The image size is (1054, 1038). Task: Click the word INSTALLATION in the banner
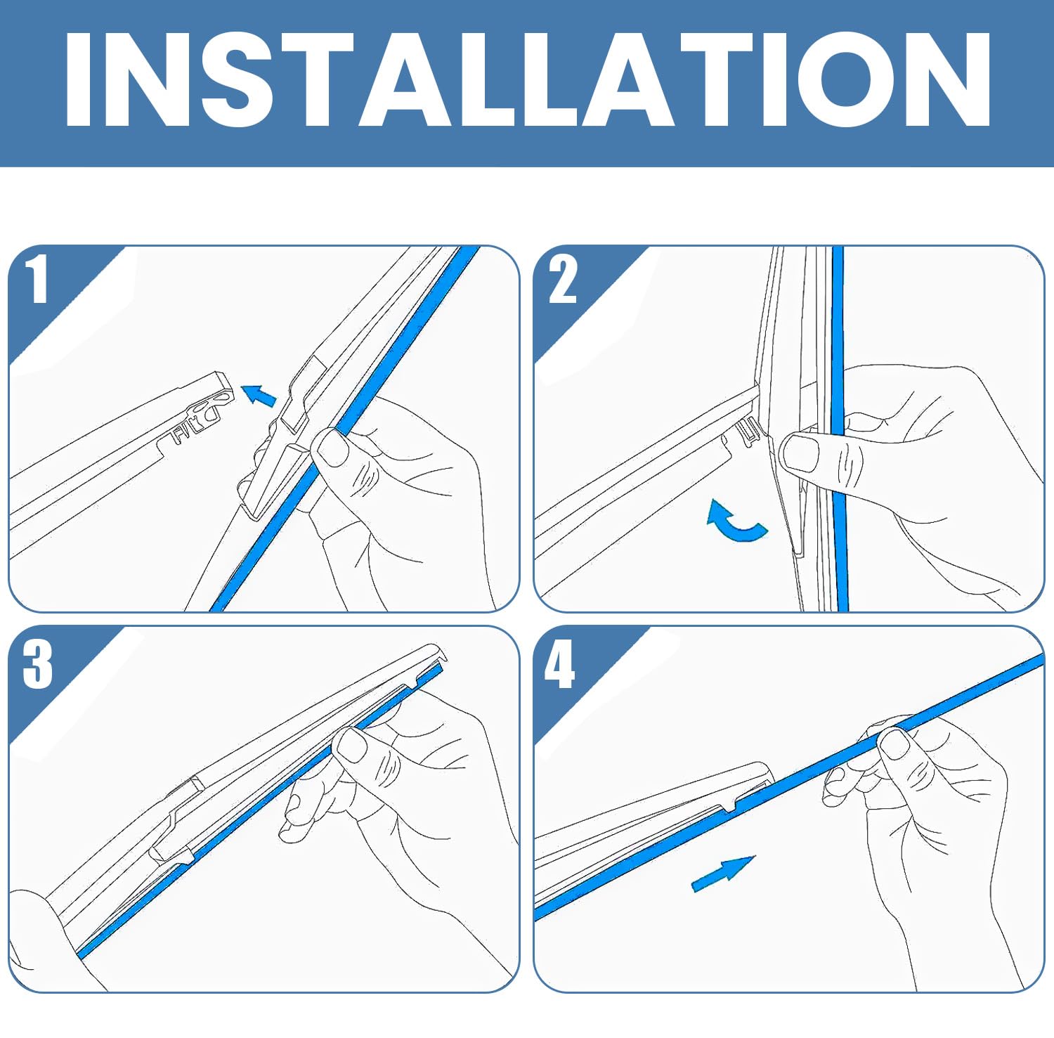click(527, 79)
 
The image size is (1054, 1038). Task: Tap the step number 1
click(37, 279)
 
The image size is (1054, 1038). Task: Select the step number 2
click(562, 279)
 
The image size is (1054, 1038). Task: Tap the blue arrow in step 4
click(723, 874)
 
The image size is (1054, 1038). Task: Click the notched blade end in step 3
click(433, 663)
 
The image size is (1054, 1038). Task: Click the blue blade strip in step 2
click(840, 429)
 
